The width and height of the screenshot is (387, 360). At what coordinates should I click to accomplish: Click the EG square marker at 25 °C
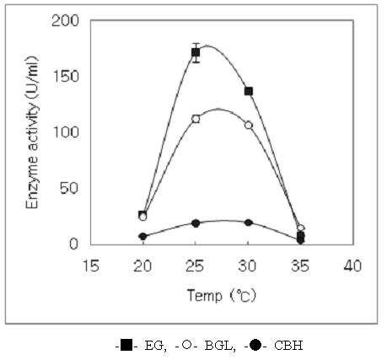(196, 52)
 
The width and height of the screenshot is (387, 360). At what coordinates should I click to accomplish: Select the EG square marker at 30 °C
(249, 91)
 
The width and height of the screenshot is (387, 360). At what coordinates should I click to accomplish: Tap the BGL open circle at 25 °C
(196, 119)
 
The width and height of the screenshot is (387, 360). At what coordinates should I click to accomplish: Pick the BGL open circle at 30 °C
(249, 125)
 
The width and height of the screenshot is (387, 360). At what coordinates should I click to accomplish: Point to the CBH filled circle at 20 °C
(142, 237)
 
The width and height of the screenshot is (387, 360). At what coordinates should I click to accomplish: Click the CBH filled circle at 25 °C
(196, 223)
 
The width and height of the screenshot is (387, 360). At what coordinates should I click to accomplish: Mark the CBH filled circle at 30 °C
(248, 223)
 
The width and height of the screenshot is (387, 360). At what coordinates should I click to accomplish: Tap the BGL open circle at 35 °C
(301, 228)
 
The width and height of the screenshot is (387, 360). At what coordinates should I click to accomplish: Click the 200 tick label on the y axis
(65, 21)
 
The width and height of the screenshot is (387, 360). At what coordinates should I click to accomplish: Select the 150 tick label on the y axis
(66, 77)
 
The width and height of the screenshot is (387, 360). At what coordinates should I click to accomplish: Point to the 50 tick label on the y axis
(69, 188)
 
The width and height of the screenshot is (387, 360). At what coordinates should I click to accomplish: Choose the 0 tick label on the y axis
(73, 244)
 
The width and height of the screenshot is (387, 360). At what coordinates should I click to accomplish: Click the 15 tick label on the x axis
(91, 266)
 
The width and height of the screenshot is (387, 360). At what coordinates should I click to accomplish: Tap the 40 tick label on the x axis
(352, 266)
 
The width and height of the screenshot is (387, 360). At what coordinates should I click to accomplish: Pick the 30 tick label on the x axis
(247, 266)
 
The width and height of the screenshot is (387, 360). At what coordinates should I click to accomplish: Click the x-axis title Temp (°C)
(222, 296)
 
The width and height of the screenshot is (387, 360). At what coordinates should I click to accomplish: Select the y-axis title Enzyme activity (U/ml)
(32, 132)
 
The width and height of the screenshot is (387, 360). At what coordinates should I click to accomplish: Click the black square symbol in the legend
(126, 345)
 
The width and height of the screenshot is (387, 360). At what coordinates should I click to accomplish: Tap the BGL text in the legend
(220, 346)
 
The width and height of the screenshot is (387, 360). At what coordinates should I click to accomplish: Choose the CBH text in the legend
(288, 345)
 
